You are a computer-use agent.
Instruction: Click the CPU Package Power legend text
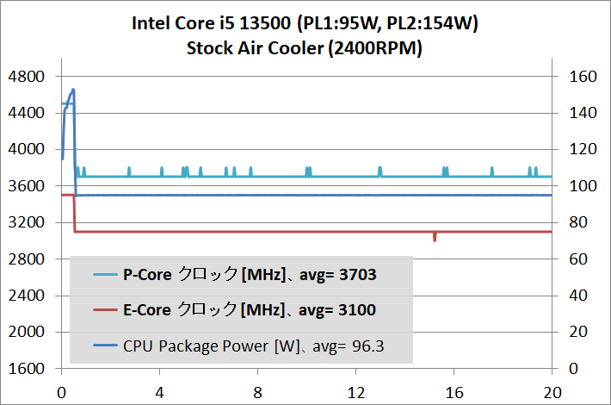coord(210,346)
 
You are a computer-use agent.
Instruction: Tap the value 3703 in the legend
coord(357,276)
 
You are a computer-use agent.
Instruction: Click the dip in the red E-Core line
coord(435,238)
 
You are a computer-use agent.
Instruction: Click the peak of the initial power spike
coord(73,90)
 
